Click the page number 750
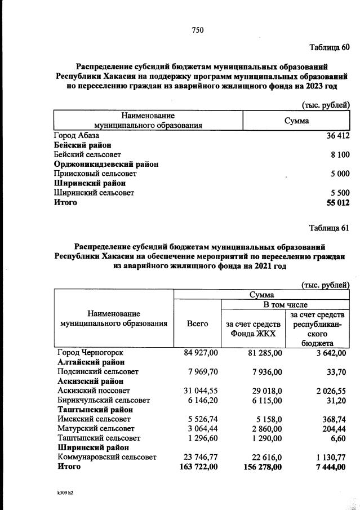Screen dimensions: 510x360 [x=197, y=30]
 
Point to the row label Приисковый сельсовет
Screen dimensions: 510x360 [x=95, y=174]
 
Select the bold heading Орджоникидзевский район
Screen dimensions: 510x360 [x=106, y=164]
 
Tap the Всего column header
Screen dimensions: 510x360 [x=197, y=323]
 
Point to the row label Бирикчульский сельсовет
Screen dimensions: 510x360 [x=104, y=400]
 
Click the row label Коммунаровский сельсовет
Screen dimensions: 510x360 [x=106, y=457]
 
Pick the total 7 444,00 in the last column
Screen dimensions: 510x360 [x=328, y=467]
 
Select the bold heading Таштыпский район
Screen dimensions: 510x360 [x=91, y=410]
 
